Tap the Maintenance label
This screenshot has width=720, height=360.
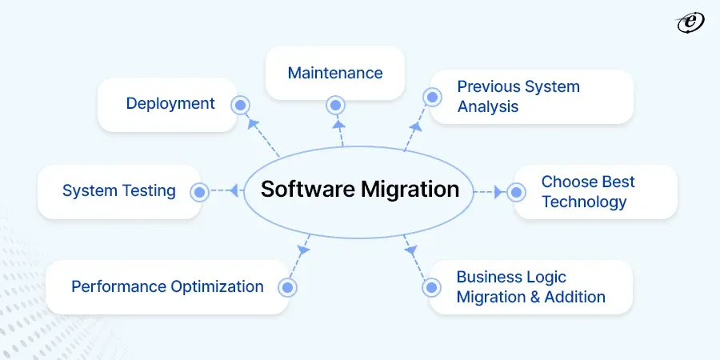click(x=335, y=73)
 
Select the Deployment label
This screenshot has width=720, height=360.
click(x=170, y=104)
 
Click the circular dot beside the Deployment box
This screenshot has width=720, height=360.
click(x=240, y=106)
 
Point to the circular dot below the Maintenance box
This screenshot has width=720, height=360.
click(x=336, y=105)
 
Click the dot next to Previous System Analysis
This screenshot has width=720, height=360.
click(x=432, y=97)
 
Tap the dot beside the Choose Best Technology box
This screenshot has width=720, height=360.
click(x=516, y=192)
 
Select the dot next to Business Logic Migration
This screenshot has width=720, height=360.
click(x=431, y=287)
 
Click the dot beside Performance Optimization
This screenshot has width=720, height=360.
click(x=287, y=287)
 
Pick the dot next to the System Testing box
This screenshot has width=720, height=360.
click(x=199, y=192)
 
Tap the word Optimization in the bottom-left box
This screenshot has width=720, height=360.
click(x=217, y=287)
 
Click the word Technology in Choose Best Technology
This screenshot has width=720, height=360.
click(x=584, y=202)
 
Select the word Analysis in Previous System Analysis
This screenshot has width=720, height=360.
click(x=488, y=107)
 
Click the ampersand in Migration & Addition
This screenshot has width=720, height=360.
click(x=534, y=297)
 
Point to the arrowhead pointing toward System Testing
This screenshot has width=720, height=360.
click(x=234, y=190)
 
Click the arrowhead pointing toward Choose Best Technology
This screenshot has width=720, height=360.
click(x=498, y=192)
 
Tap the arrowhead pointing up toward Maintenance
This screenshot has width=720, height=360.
click(x=338, y=124)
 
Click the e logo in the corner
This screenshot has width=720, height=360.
click(x=690, y=23)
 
